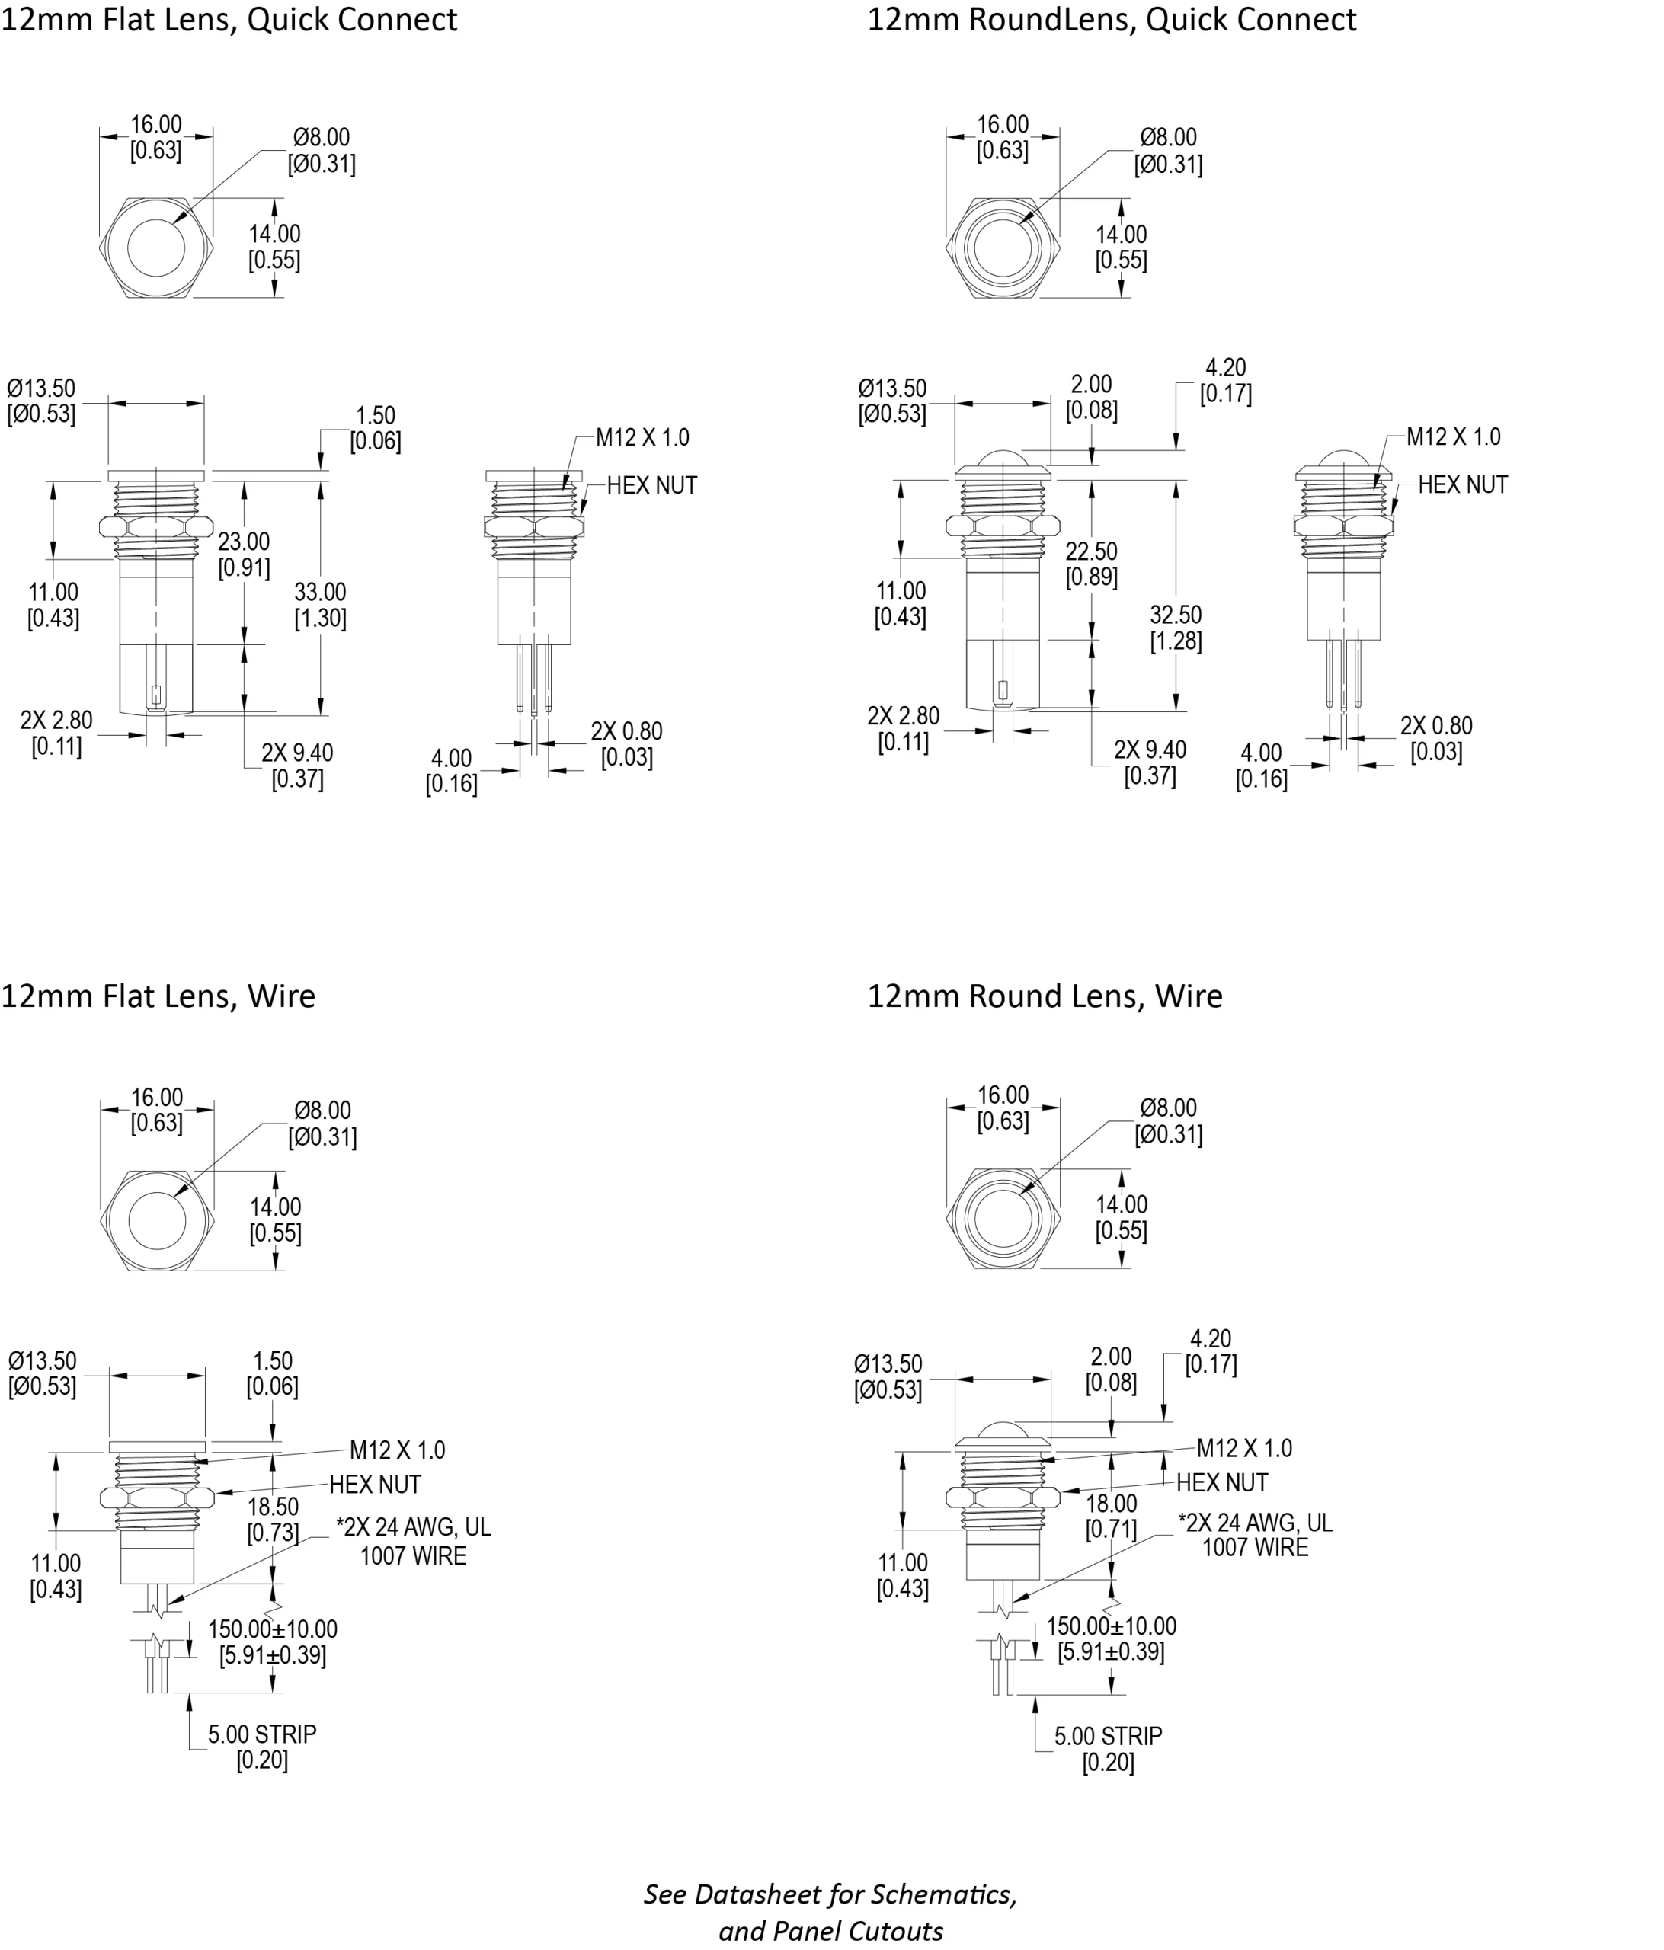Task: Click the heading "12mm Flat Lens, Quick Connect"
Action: point(229,20)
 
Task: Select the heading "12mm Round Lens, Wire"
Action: point(1044,996)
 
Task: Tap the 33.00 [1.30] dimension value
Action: point(320,605)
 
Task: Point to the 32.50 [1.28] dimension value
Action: point(1176,628)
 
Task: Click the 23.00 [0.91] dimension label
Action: point(244,555)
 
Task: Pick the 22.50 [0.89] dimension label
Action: point(1092,564)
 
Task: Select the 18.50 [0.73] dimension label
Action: point(273,1520)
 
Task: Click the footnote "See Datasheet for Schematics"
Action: point(830,1894)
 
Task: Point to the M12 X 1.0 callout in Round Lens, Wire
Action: point(1244,1448)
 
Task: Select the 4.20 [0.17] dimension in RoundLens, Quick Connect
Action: point(1225,380)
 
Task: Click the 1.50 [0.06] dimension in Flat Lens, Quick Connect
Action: point(376,428)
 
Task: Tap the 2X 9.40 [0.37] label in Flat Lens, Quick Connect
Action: point(297,765)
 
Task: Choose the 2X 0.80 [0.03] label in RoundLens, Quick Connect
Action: point(1436,739)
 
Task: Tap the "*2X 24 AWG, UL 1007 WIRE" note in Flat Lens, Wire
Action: point(413,1542)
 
